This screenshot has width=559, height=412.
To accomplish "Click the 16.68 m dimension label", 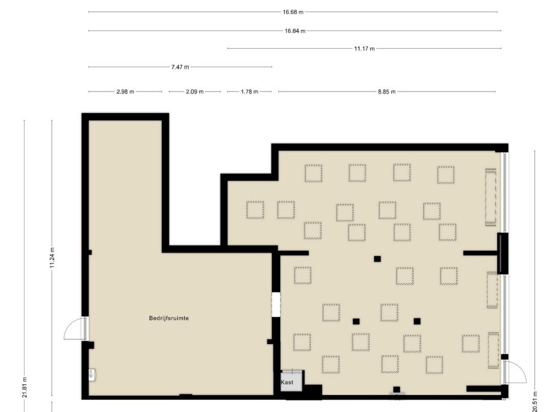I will tap(293, 12).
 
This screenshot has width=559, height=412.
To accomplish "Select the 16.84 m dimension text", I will tap(295, 31).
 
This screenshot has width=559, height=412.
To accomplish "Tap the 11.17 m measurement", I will tap(364, 49).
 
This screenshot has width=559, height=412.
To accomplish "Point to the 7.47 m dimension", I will tap(180, 67).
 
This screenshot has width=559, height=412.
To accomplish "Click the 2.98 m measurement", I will tap(125, 92).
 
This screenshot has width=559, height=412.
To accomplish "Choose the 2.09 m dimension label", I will tap(194, 92).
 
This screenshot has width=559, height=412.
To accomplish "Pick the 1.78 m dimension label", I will tap(249, 92).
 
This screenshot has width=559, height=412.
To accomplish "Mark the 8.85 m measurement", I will tap(387, 92).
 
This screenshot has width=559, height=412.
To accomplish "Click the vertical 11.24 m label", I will tap(52, 258).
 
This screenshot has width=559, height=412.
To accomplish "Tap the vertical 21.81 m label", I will tap(25, 387).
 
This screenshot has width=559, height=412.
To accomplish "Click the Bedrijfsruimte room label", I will tap(169, 318).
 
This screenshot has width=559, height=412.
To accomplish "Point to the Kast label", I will tap(287, 382).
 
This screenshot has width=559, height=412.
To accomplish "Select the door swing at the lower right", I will tap(516, 372).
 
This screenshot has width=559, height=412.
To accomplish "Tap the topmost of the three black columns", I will tap(377, 259).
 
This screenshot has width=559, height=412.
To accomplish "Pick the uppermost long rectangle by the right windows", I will tap(491, 197).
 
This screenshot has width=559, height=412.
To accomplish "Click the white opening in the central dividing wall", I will tap(276, 304).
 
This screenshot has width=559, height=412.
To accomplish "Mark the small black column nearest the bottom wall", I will tap(396, 389).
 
